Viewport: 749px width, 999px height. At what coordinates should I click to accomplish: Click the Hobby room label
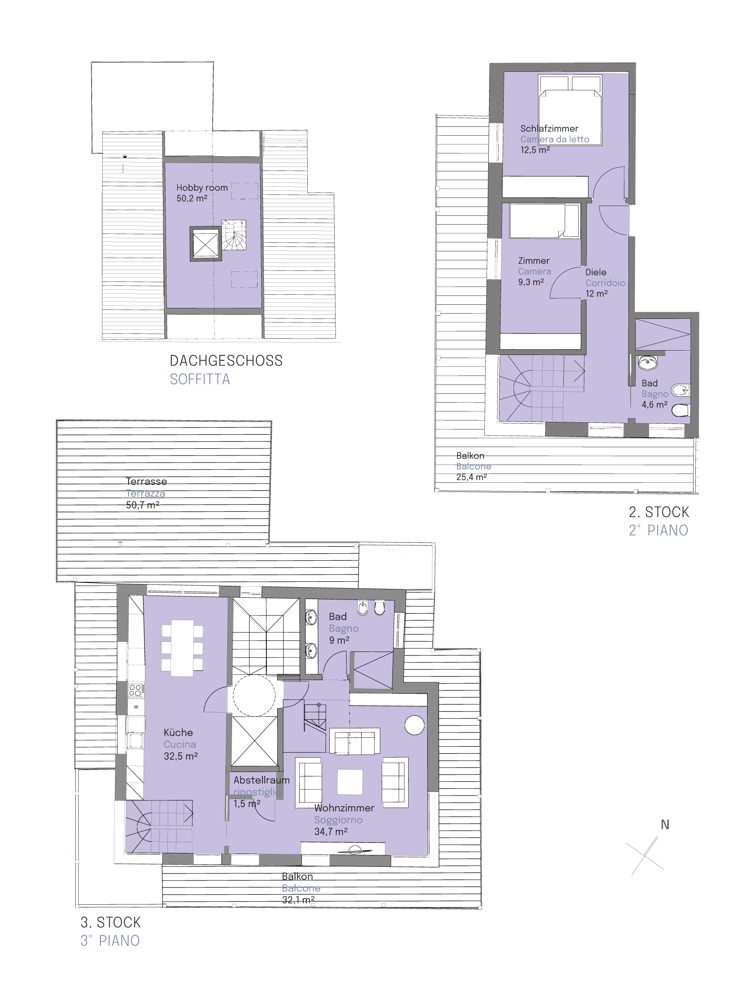pyautogui.click(x=202, y=188)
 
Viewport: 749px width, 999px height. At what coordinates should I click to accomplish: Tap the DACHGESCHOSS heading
pyautogui.click(x=226, y=360)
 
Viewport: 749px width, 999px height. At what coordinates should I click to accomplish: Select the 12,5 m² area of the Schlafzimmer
pyautogui.click(x=535, y=150)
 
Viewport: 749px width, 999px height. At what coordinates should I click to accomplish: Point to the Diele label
pyautogui.click(x=595, y=272)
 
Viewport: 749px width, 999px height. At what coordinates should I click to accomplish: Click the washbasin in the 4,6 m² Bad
pyautogui.click(x=647, y=362)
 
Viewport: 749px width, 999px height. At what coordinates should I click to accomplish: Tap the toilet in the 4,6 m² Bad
pyautogui.click(x=680, y=410)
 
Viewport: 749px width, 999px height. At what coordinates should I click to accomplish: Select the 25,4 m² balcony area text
pyautogui.click(x=471, y=477)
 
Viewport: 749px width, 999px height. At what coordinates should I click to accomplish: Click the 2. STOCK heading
pyautogui.click(x=659, y=512)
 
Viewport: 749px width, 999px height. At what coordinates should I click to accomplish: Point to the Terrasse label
pyautogui.click(x=146, y=481)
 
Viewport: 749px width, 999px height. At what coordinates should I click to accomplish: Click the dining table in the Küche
pyautogui.click(x=182, y=648)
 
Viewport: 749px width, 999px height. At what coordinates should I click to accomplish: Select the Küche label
pyautogui.click(x=178, y=733)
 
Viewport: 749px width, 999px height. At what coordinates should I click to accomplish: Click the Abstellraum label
pyautogui.click(x=262, y=780)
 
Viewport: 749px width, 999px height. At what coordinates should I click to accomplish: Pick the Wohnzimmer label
pyautogui.click(x=344, y=808)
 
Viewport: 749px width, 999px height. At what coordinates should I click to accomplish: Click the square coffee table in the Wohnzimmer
pyautogui.click(x=350, y=782)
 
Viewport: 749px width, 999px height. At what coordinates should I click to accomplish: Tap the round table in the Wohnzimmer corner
pyautogui.click(x=414, y=725)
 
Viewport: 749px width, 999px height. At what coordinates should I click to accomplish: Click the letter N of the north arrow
pyautogui.click(x=664, y=825)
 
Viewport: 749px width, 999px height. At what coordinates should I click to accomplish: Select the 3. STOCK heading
pyautogui.click(x=111, y=922)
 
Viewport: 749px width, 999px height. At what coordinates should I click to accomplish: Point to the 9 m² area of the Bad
pyautogui.click(x=339, y=640)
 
